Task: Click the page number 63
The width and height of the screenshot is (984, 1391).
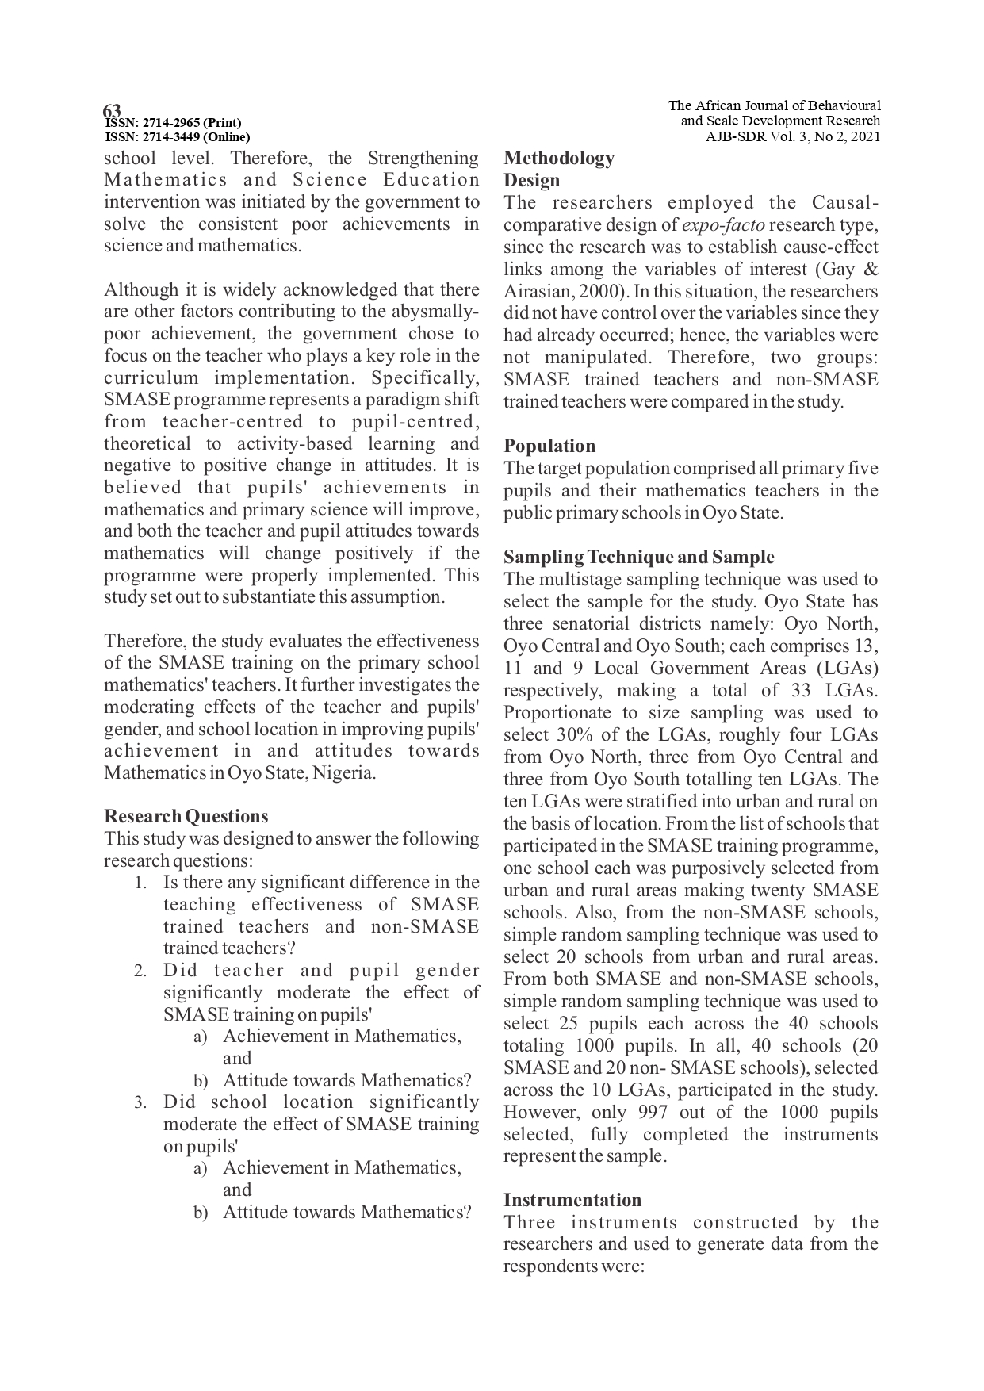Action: click(112, 110)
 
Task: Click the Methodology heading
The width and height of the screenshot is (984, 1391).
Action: click(559, 158)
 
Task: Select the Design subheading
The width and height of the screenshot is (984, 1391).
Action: click(531, 180)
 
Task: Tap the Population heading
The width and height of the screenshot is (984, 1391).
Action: click(549, 446)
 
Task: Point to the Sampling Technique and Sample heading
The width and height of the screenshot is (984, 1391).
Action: click(638, 557)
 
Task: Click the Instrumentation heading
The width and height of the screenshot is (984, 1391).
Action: click(572, 1200)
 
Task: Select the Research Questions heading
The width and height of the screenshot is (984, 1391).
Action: click(186, 816)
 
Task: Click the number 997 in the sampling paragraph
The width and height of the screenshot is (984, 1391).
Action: click(653, 1112)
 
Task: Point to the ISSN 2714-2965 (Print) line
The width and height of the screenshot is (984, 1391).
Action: click(174, 123)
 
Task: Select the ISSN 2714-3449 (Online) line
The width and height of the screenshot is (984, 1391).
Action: click(178, 136)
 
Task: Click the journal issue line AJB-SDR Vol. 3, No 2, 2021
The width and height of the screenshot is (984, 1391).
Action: click(793, 136)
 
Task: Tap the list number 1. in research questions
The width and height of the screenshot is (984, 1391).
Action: click(140, 883)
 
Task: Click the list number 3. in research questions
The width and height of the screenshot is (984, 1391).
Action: click(140, 1102)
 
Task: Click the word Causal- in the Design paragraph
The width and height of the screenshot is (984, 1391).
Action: click(844, 203)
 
